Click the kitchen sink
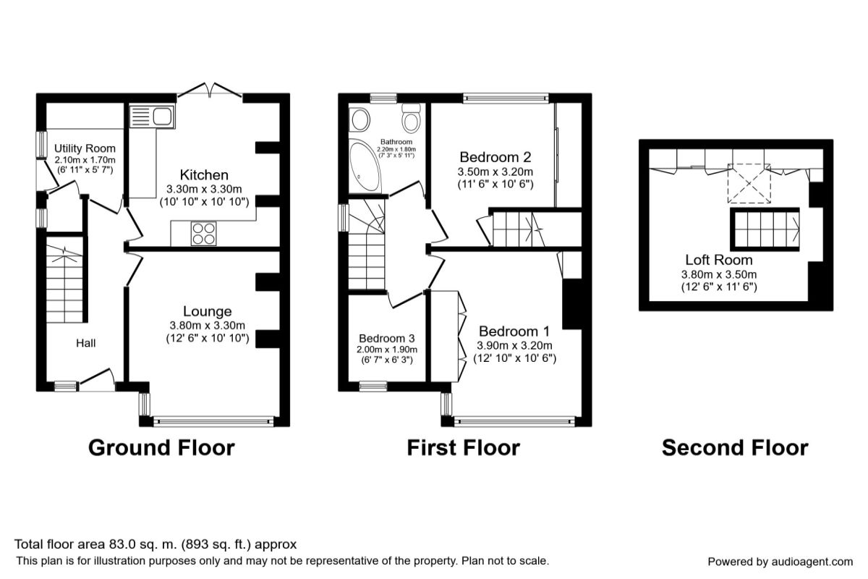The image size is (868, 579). [x=152, y=117]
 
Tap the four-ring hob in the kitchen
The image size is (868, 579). [x=203, y=234]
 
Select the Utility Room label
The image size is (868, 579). [x=85, y=148]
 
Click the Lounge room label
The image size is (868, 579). [x=208, y=311]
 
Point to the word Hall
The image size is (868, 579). [x=85, y=343]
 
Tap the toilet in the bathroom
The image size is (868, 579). [x=411, y=118]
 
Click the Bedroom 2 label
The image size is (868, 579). [x=495, y=157]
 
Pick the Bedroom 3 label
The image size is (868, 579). [x=387, y=338]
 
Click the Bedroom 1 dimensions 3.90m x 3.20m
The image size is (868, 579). [x=514, y=345]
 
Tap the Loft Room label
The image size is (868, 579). [x=719, y=259]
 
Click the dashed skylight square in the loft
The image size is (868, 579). [x=749, y=183]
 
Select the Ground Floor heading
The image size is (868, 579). [x=161, y=447]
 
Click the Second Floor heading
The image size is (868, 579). [x=735, y=447]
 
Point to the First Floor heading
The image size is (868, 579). [x=464, y=447]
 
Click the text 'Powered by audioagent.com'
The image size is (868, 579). [x=780, y=562]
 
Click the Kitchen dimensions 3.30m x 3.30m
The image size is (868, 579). [x=204, y=189]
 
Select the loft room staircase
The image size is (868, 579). [x=765, y=229]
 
